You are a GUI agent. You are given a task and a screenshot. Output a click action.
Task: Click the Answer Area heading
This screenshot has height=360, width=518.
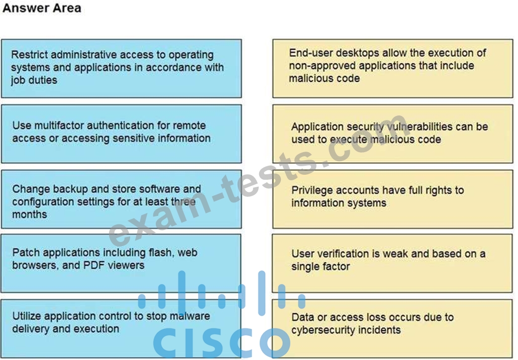click(42, 8)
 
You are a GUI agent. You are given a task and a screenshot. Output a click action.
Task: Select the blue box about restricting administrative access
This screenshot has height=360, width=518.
click(121, 68)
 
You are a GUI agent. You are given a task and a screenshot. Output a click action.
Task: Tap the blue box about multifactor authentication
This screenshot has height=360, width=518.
click(121, 134)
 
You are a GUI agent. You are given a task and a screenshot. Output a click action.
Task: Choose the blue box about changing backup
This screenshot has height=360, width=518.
click(121, 199)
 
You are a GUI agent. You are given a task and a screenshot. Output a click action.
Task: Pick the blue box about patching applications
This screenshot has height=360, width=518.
click(121, 263)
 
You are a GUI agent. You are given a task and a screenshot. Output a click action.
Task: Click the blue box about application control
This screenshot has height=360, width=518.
click(121, 329)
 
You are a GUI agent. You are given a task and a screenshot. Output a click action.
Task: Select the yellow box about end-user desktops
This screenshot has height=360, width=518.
click(393, 68)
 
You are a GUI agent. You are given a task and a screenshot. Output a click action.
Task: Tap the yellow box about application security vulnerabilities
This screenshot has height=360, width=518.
click(393, 134)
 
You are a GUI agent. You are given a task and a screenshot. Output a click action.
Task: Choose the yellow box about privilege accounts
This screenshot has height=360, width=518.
click(393, 199)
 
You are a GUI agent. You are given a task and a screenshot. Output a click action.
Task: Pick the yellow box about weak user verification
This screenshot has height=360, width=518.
click(392, 263)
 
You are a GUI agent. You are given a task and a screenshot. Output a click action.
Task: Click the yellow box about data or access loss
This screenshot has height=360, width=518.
click(392, 329)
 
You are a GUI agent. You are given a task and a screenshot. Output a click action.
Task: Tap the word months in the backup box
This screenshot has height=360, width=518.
click(30, 214)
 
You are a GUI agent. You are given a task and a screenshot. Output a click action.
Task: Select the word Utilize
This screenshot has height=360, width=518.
click(27, 316)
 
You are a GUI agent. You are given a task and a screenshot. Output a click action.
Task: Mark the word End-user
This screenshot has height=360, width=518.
click(310, 53)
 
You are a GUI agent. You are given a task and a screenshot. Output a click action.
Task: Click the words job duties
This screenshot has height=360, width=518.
click(34, 80)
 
